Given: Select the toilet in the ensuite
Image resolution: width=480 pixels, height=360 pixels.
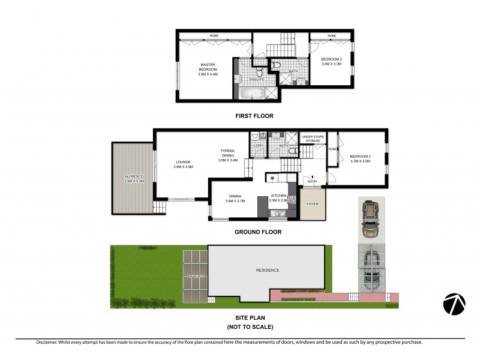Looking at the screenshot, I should [238, 79].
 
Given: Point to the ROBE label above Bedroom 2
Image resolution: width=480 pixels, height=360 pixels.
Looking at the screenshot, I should [332, 37].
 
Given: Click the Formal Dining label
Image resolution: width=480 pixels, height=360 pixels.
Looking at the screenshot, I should [228, 155].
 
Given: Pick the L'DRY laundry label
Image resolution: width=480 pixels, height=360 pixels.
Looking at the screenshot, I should [259, 146].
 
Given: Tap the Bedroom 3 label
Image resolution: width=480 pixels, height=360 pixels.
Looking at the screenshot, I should [361, 158].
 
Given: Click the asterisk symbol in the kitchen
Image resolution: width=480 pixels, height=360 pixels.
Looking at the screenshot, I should [273, 178].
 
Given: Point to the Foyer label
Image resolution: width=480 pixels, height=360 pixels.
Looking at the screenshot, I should [312, 204].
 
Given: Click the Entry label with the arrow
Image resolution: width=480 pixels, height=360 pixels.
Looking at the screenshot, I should [312, 180].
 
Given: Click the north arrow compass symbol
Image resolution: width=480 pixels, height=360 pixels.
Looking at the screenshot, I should [454, 304].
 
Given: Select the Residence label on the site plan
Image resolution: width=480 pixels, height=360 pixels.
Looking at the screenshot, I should [268, 270].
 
